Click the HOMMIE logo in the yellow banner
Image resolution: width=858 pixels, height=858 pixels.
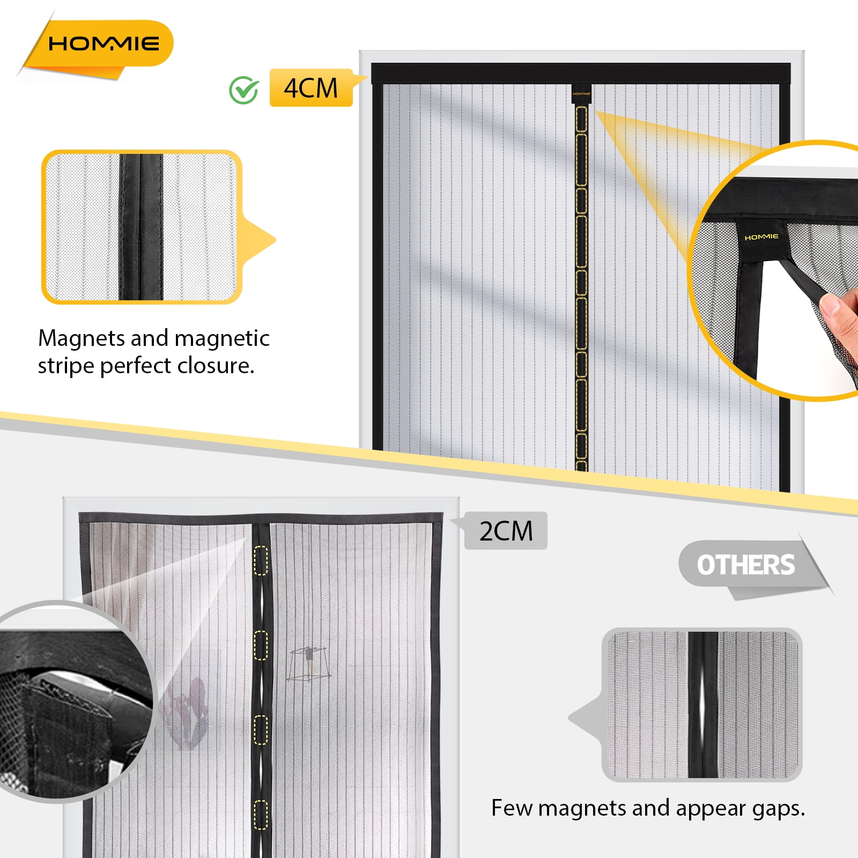pos(103,43)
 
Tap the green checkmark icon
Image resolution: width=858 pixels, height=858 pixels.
pos(244,90)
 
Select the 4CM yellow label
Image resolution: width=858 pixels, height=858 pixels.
pos(311,88)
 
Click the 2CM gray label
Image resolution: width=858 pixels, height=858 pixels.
pos(506,530)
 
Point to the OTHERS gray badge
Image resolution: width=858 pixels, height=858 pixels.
pos(745,565)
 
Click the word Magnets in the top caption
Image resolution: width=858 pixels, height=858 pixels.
pos(81,338)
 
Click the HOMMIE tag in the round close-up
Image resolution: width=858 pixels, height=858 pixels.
pos(761,237)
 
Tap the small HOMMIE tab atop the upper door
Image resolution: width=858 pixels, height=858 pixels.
pos(581,93)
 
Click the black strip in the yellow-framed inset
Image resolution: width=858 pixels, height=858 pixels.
pos(141,227)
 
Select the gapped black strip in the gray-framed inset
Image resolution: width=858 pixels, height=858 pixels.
pos(702,705)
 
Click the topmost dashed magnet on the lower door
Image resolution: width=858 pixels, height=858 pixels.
pos(261,560)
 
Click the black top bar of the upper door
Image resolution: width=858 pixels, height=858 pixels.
pos(581,73)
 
